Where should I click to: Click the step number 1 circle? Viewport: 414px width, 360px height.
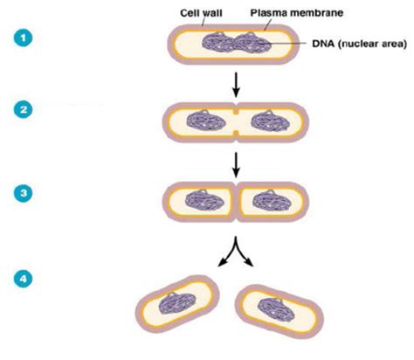coord(23,38)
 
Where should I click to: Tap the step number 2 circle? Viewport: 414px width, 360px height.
coord(23,109)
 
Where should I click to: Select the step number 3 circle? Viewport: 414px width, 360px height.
coord(23,193)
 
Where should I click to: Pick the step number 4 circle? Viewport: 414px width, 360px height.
coord(23,279)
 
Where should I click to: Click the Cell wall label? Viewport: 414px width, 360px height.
coord(201,13)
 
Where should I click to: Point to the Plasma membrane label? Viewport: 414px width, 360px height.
coord(297,13)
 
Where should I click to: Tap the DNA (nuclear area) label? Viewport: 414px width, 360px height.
coord(359,44)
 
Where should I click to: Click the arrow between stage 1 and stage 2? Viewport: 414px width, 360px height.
coord(237,85)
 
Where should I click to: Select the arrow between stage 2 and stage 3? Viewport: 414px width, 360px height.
coord(237,164)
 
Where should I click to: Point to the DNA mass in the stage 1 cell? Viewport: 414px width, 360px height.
coord(237,44)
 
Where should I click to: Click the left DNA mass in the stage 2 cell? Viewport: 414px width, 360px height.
coord(206,121)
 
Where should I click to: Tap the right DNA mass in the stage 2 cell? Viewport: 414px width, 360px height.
coord(271,121)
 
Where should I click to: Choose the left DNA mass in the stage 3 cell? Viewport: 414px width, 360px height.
coord(205,201)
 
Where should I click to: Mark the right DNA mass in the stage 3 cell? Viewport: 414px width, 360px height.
coord(272,201)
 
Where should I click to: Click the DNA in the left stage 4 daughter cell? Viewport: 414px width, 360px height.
coord(177,303)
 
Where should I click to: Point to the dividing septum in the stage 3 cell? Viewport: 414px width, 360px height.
coord(237,202)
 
